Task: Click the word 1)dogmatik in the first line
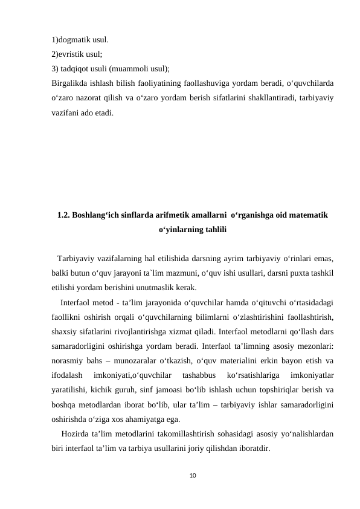click(71, 41)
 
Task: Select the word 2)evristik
click(68, 54)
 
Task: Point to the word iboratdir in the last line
click(254, 449)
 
